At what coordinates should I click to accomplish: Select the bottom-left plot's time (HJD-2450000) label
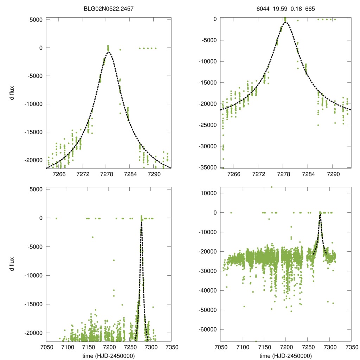point(109,355)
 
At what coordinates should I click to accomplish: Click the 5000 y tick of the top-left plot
point(34,20)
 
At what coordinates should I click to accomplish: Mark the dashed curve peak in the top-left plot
point(109,52)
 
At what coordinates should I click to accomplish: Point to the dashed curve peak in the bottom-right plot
point(320,214)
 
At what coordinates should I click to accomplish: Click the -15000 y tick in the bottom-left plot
point(33,304)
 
